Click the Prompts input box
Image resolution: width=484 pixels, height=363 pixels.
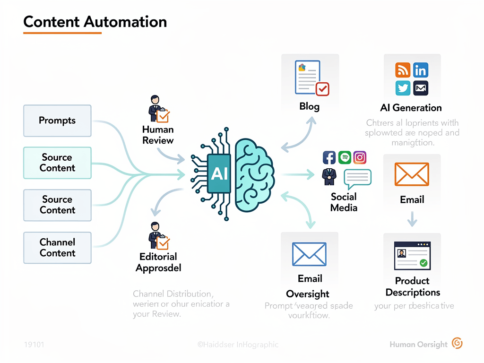pyautogui.click(x=57, y=121)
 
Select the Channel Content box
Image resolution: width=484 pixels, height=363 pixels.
pyautogui.click(x=57, y=247)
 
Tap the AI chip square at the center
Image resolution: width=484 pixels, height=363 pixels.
pyautogui.click(x=219, y=173)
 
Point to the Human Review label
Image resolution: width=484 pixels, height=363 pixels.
pyautogui.click(x=158, y=135)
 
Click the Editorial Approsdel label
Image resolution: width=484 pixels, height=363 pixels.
pyautogui.click(x=158, y=262)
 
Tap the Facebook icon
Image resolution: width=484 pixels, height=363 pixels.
pyautogui.click(x=328, y=157)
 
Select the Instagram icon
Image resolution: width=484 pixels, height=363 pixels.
pyautogui.click(x=360, y=157)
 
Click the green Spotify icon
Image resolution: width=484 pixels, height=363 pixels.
pyautogui.click(x=344, y=157)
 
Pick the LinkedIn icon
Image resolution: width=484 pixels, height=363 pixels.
pyautogui.click(x=420, y=70)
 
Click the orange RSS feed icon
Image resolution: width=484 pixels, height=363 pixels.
pyautogui.click(x=403, y=70)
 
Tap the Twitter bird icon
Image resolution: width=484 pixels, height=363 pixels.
pyautogui.click(x=403, y=88)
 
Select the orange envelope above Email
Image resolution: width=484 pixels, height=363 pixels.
pyautogui.click(x=412, y=174)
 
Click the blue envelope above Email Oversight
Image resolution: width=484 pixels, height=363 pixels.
pyautogui.click(x=309, y=254)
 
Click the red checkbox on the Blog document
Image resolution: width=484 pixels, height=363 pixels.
pyautogui.click(x=322, y=88)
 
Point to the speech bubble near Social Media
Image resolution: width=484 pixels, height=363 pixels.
pyautogui.click(x=357, y=178)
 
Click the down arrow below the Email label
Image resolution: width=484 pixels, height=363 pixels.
pyautogui.click(x=412, y=218)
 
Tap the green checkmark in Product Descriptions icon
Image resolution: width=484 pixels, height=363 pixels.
pyautogui.click(x=423, y=262)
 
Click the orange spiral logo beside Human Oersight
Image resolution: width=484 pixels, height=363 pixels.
pyautogui.click(x=457, y=343)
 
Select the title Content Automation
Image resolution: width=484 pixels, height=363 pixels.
pyautogui.click(x=95, y=22)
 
